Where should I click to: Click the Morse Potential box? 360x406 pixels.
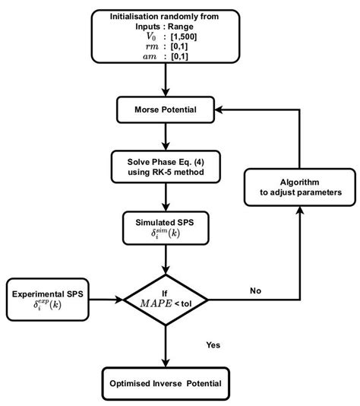pyautogui.click(x=165, y=110)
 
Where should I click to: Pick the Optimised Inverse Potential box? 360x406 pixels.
pyautogui.click(x=165, y=382)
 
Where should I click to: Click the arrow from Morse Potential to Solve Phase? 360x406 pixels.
pyautogui.click(x=165, y=138)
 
